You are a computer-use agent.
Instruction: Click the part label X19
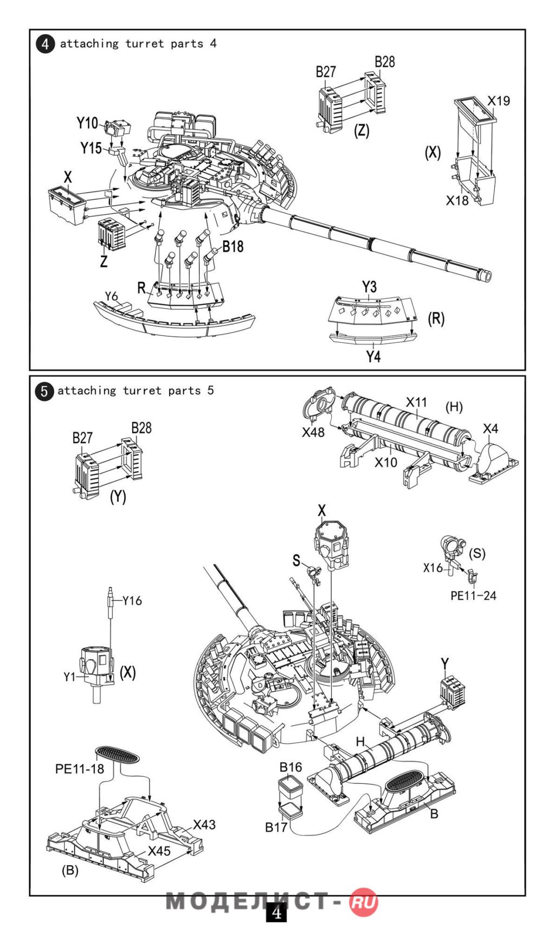(x=499, y=101)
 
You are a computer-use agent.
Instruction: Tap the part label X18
(x=457, y=201)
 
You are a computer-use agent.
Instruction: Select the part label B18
(x=233, y=247)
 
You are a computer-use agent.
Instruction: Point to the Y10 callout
(x=87, y=123)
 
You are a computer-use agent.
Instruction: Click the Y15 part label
(x=91, y=148)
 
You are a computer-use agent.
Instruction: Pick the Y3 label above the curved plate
(x=369, y=286)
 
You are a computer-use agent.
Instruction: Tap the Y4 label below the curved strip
(x=373, y=356)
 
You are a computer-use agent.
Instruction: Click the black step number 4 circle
(x=46, y=44)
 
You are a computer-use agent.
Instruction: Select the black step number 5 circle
(x=44, y=392)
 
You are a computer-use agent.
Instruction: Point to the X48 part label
(x=313, y=432)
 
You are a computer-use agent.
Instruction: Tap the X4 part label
(x=491, y=429)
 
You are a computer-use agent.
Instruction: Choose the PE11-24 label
(x=473, y=596)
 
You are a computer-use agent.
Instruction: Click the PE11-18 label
(x=79, y=769)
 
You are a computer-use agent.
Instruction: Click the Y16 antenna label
(x=132, y=601)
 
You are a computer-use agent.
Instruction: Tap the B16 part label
(x=291, y=767)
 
